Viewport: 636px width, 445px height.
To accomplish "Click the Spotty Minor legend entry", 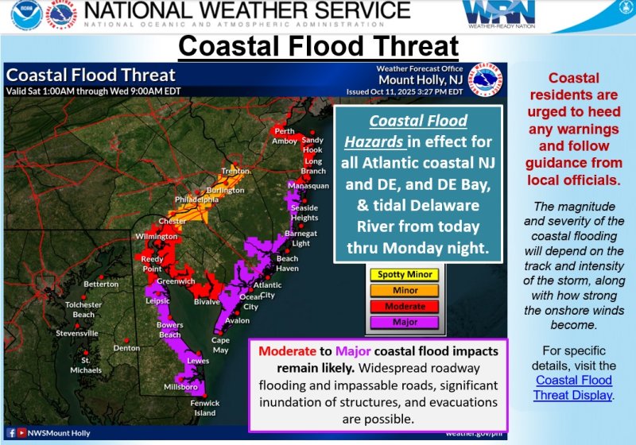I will (405, 275).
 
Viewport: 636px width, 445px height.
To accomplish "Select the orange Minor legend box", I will (405, 291).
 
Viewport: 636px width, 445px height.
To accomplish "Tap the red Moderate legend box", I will (405, 307).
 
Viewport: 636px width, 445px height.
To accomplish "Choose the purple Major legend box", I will (405, 323).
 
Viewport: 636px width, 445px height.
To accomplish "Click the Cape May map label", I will (220, 343).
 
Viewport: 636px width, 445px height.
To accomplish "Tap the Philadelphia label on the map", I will (194, 199).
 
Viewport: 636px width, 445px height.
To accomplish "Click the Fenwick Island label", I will (206, 408).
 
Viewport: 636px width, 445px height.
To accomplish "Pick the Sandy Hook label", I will (312, 145).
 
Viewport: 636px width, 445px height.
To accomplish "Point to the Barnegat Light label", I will (301, 238).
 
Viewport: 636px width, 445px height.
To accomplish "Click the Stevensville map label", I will (77, 333).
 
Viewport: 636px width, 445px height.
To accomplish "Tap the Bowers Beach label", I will (169, 330).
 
